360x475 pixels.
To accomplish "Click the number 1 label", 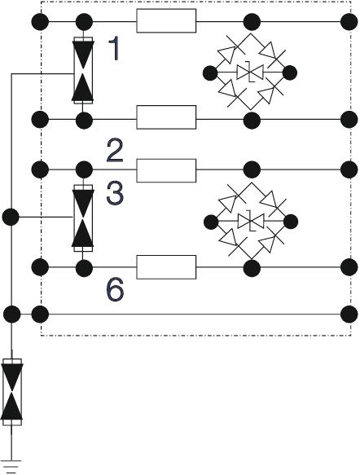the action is [x=114, y=48].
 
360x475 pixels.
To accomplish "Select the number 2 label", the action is [x=115, y=151].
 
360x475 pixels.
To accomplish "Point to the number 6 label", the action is [x=116, y=290].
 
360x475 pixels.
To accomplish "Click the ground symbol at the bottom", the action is [x=11, y=466].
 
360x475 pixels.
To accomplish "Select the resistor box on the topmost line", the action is [x=166, y=20].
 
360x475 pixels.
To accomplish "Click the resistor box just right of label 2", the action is [x=166, y=170].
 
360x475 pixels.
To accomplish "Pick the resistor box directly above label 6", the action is [x=166, y=267].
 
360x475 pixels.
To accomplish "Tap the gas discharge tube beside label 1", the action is [x=83, y=70].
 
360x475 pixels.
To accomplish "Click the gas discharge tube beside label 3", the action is [x=83, y=218].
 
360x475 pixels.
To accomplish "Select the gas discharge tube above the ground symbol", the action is [x=11, y=392].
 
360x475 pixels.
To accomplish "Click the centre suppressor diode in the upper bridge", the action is [x=250, y=73].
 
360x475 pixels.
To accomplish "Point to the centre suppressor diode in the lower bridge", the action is [x=251, y=221].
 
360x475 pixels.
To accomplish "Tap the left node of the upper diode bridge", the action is [x=210, y=73].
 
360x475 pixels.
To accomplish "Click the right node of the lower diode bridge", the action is [x=291, y=222].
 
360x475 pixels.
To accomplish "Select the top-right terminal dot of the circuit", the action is [x=349, y=22].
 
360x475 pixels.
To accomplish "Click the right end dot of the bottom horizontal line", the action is [x=349, y=314].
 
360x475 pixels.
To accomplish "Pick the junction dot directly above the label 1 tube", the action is [x=84, y=22].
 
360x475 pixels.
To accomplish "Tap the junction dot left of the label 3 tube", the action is [x=11, y=217].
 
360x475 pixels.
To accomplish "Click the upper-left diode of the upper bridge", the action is [x=230, y=53].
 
